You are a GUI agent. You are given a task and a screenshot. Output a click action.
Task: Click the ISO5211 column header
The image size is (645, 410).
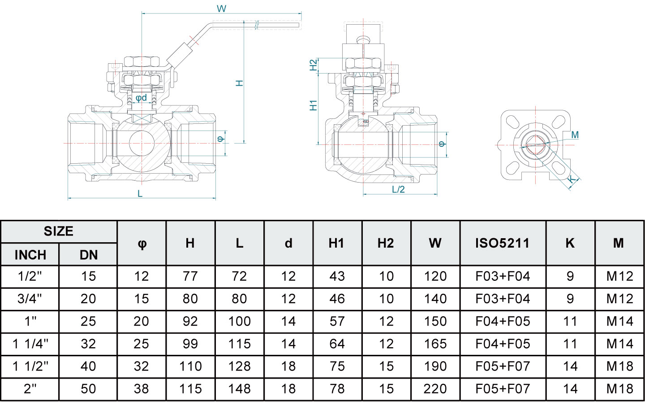coord(502,243)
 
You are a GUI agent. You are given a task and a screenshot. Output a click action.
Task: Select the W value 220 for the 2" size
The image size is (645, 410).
coord(435,388)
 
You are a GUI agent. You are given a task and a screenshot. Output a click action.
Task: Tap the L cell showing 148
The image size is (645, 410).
coord(239,388)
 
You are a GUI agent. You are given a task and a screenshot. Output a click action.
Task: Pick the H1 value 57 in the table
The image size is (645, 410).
coord(337,321)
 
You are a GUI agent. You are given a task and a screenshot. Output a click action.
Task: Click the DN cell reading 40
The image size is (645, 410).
coord(88,366)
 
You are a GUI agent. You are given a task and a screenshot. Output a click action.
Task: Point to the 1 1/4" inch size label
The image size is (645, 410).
coord(30,344)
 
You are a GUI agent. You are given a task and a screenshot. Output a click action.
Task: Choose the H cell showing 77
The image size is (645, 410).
coord(190,276)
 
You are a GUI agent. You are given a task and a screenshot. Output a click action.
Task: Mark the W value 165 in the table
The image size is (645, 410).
coord(435,344)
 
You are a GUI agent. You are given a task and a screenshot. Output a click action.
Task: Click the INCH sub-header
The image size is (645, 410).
coord(30,255)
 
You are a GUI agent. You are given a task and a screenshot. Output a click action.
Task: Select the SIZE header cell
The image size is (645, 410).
coord(59,231)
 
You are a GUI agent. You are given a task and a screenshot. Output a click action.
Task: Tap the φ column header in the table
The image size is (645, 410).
coord(142,243)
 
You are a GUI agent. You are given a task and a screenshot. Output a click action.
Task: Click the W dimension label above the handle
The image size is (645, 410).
coord(221,9)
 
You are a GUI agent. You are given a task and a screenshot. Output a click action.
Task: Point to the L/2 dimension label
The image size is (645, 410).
coord(398,189)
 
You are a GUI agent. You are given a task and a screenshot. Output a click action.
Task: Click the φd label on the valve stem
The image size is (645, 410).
coord(141,97)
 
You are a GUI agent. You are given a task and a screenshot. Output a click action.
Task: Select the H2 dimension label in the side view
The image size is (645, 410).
coord(314,65)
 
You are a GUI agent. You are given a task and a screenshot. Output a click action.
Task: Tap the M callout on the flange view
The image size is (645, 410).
coord(575,135)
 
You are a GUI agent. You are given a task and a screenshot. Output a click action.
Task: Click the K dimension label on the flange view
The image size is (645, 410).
coord(572,180)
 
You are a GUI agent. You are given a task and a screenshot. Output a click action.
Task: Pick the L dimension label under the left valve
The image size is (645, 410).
coord(140,193)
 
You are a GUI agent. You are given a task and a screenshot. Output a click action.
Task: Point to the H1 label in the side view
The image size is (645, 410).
coord(314,105)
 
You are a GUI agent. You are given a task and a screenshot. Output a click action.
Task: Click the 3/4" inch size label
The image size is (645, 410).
coord(30,299)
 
